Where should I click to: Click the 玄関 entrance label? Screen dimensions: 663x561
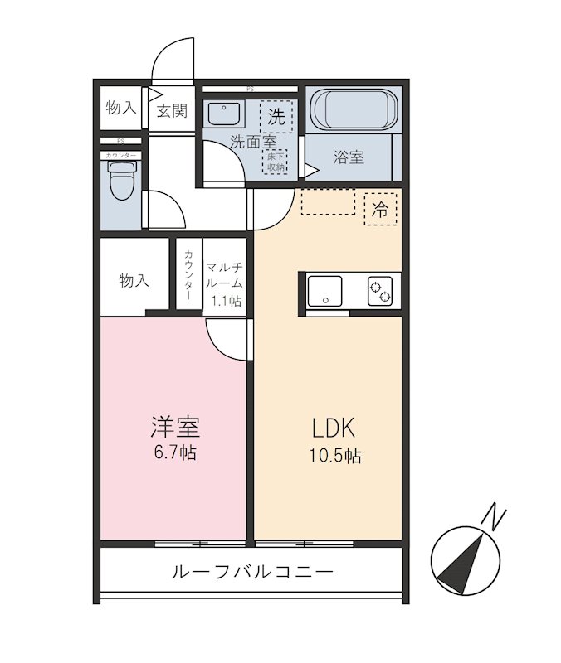pyautogui.click(x=172, y=111)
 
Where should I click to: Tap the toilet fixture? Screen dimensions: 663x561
pyautogui.click(x=121, y=178)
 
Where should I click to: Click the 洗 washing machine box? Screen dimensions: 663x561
pyautogui.click(x=276, y=116)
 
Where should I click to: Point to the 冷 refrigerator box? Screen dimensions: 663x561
pyautogui.click(x=381, y=210)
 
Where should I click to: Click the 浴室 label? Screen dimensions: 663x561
pyautogui.click(x=349, y=157)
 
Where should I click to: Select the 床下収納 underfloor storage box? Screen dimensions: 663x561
pyautogui.click(x=275, y=162)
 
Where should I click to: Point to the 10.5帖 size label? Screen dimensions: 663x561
pyautogui.click(x=336, y=456)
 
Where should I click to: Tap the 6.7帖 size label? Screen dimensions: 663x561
pyautogui.click(x=174, y=453)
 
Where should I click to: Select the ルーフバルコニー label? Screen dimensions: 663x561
pyautogui.click(x=251, y=572)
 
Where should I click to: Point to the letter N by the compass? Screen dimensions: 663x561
pyautogui.click(x=495, y=517)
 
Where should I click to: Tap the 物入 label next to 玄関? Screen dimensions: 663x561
pyautogui.click(x=120, y=108)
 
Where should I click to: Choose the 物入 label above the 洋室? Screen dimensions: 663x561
pyautogui.click(x=134, y=281)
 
